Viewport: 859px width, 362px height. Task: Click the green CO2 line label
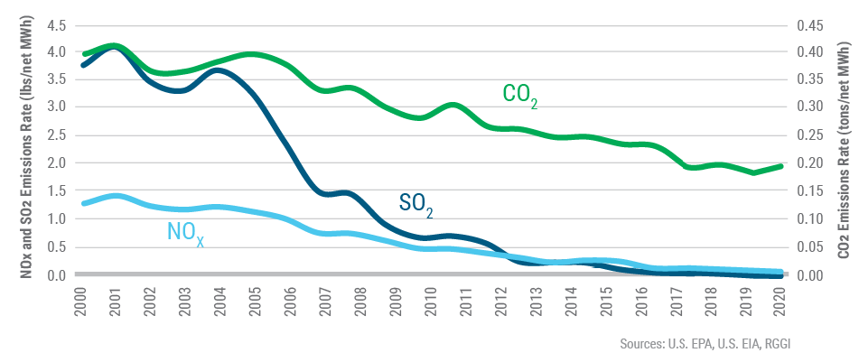521,97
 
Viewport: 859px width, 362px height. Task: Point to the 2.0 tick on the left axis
57,163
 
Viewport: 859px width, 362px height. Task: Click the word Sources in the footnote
640,343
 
